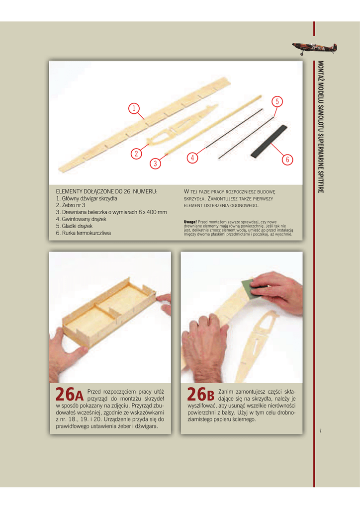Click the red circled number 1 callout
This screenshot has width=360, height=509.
click(x=134, y=108)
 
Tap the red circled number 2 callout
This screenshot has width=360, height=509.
click(x=136, y=153)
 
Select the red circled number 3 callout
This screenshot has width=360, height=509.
click(x=155, y=163)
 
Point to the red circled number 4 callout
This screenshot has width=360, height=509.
click(x=192, y=158)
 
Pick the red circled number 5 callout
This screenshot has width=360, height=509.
click(x=277, y=101)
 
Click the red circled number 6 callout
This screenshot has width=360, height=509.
click(x=287, y=160)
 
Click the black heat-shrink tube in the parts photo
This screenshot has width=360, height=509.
click(x=269, y=141)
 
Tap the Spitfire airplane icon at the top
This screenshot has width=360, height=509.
click(x=314, y=48)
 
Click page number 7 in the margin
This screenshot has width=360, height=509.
click(x=320, y=431)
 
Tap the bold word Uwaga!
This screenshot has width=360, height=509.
click(x=190, y=222)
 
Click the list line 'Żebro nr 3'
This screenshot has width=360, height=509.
click(x=71, y=205)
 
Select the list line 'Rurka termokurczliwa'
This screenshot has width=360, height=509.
click(x=83, y=233)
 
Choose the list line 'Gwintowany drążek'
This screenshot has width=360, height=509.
click(x=81, y=219)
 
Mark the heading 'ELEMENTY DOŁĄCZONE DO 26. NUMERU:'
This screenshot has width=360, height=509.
click(x=106, y=191)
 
